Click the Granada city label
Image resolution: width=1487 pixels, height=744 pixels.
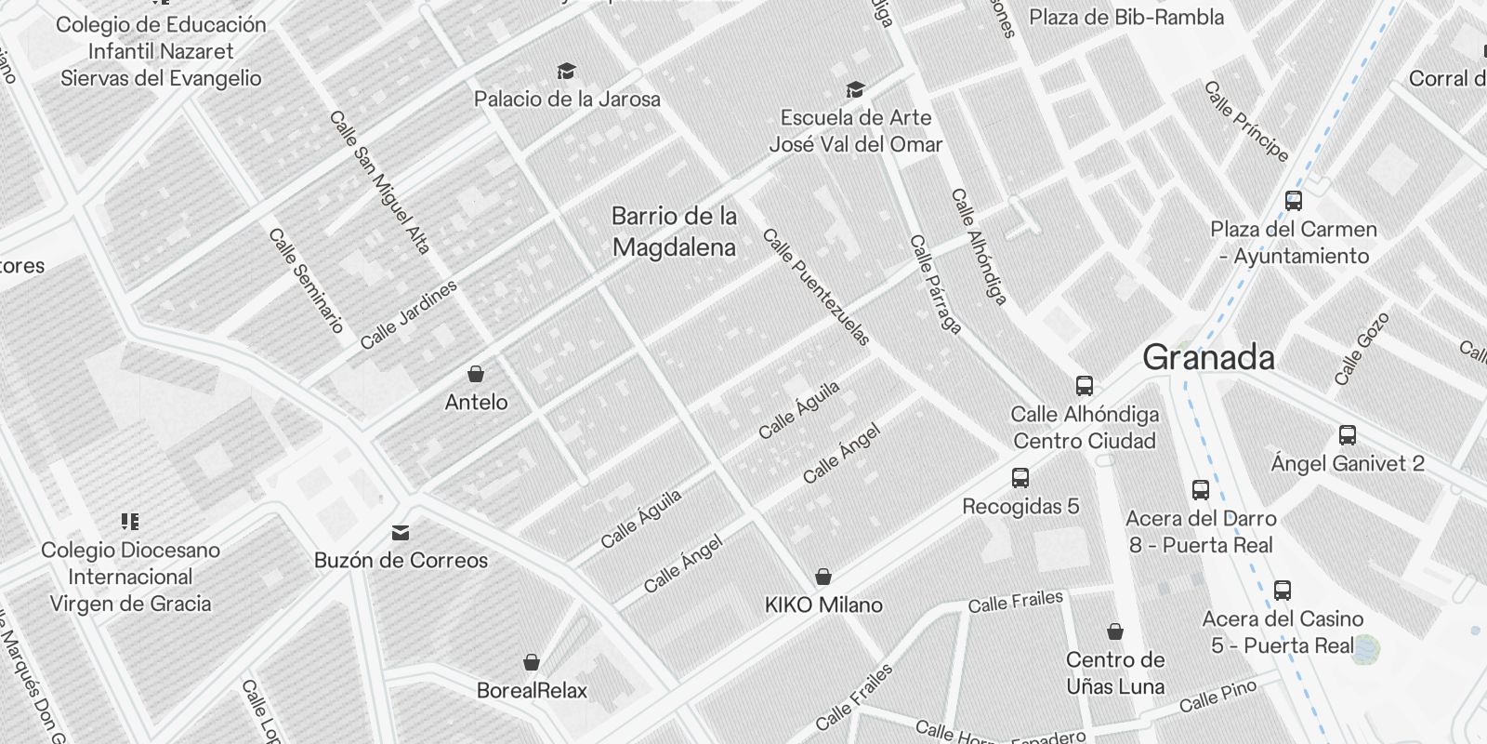[x=1208, y=358]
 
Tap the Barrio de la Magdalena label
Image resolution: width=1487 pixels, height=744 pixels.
[x=674, y=232]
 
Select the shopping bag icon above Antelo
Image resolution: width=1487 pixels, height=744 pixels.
[x=476, y=374]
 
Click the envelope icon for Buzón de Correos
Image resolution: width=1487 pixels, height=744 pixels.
[x=401, y=532]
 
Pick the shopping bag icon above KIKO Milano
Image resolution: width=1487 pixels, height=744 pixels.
[x=822, y=577]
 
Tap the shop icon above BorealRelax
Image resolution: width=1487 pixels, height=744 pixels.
[x=532, y=662]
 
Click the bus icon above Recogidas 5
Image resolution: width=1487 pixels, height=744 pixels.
[x=1020, y=478]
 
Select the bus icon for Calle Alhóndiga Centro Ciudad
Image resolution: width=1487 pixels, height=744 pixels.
[x=1084, y=385]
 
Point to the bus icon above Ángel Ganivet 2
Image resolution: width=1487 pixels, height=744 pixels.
[x=1348, y=434]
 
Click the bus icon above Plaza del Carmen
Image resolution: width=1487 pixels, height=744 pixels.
[x=1293, y=200]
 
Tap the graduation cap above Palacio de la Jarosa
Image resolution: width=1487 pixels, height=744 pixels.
[x=566, y=71]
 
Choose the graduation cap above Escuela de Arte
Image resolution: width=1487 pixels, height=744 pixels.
[x=855, y=89]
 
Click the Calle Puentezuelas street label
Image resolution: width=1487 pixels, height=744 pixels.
[x=816, y=287]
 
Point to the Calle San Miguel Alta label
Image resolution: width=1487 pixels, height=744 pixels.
[x=380, y=183]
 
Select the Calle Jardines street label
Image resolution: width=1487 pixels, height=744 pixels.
[x=409, y=314]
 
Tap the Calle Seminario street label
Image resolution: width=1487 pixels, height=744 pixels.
[x=306, y=280]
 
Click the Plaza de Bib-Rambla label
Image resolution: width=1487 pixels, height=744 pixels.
[x=1126, y=17]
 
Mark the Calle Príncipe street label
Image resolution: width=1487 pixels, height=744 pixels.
[x=1246, y=121]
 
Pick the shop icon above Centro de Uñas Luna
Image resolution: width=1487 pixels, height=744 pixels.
[x=1115, y=632]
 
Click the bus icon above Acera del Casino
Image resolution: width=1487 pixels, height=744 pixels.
[x=1283, y=590]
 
